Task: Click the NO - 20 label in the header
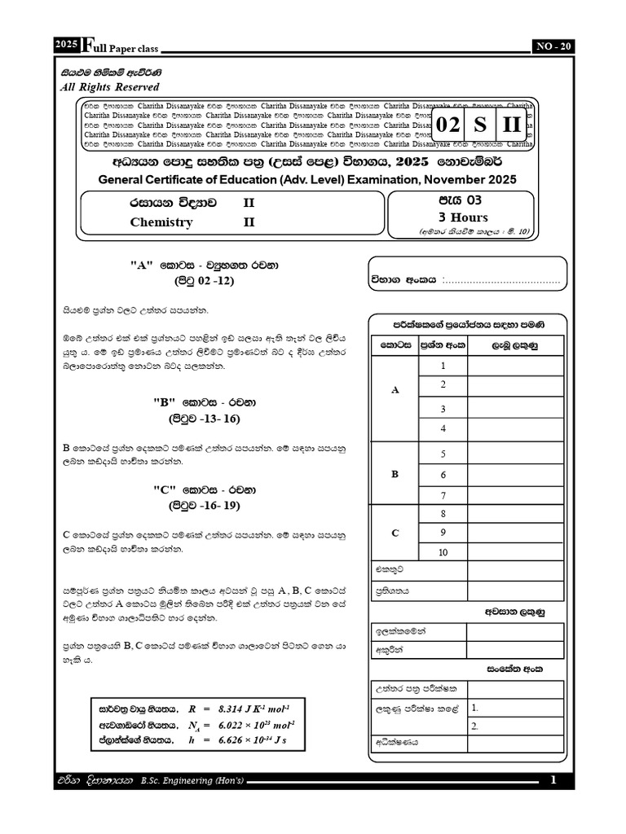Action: coord(553,46)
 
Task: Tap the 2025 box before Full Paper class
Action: coord(67,46)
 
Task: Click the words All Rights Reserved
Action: coord(111,87)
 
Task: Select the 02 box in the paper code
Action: coord(448,125)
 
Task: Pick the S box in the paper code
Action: coord(481,125)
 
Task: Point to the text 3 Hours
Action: coord(463,217)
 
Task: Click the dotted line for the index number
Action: coord(500,280)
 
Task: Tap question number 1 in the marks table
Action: coord(443,366)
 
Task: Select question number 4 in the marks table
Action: coord(443,428)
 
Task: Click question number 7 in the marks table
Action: coord(443,495)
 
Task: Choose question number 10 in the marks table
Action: coord(443,553)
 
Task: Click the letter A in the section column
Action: coord(395,390)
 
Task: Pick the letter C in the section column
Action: coord(395,533)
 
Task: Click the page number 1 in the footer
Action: coord(553,780)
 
